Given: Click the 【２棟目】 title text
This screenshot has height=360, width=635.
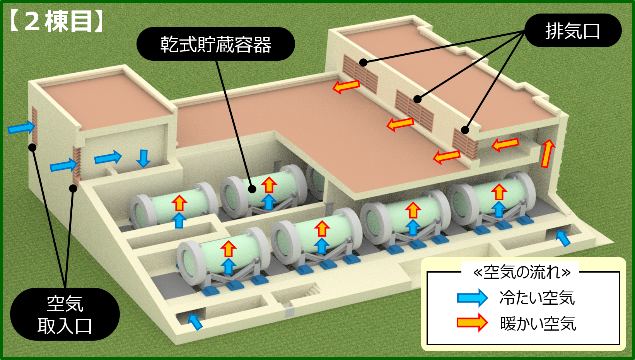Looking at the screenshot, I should (56, 21).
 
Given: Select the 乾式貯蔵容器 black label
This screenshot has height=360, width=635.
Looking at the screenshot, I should (215, 44).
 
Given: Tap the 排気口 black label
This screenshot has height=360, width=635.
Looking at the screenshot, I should (572, 31).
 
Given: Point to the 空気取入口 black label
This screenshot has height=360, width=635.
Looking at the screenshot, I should (65, 314).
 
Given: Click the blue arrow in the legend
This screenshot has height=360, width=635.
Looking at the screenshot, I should (472, 298).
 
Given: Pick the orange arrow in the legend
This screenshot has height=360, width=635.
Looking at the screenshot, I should (472, 322).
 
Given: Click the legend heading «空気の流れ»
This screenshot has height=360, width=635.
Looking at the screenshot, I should (522, 272).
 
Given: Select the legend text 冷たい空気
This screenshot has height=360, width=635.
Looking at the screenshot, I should (537, 298).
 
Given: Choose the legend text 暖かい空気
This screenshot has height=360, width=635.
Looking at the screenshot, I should (538, 323).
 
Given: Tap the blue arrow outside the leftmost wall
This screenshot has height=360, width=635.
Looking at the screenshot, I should (22, 127).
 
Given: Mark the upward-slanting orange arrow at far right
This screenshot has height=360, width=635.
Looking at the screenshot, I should (547, 153).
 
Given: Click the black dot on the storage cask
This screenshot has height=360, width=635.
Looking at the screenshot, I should (252, 189).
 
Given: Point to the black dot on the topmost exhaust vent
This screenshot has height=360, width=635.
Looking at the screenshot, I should (363, 62).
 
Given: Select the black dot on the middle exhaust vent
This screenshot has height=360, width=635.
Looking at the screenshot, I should (417, 99).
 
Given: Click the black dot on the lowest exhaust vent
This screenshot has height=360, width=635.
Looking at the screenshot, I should (465, 130).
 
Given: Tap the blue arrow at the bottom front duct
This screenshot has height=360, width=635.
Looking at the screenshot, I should (195, 321).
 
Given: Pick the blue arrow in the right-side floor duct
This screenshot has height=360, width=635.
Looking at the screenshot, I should (563, 237).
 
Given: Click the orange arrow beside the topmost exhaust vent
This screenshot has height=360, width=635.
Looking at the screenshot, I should (346, 86).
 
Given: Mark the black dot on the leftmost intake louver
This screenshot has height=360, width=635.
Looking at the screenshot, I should (32, 147).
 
